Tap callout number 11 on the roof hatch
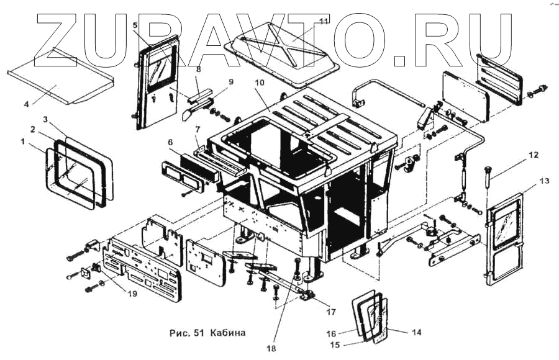pyautogui.click(x=323, y=22)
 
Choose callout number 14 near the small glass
pyautogui.click(x=416, y=333)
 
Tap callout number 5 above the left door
pyautogui.click(x=135, y=24)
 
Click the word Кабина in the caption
pyautogui.click(x=227, y=333)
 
